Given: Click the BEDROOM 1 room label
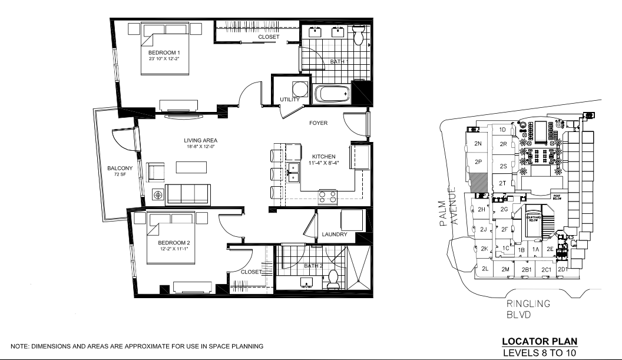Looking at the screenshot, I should pyautogui.click(x=164, y=53).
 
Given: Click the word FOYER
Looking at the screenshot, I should pyautogui.click(x=318, y=123).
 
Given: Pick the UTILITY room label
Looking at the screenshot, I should pyautogui.click(x=290, y=100).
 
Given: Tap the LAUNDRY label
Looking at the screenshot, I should pyautogui.click(x=334, y=235).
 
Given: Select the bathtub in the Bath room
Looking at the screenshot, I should pyautogui.click(x=332, y=94).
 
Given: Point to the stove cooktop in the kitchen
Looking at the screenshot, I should pyautogui.click(x=327, y=197).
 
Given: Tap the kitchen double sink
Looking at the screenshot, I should pyautogui.click(x=293, y=171).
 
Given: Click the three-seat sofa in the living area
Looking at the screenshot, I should pyautogui.click(x=188, y=194).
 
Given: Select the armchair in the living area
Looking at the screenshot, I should pyautogui.click(x=157, y=171).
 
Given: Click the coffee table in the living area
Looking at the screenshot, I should pyautogui.click(x=192, y=168).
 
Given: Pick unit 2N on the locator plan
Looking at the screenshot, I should pyautogui.click(x=478, y=143).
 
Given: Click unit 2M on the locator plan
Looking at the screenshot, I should pyautogui.click(x=505, y=269).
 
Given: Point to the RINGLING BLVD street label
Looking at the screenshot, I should pyautogui.click(x=528, y=309).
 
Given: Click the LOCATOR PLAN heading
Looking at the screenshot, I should pyautogui.click(x=540, y=341).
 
